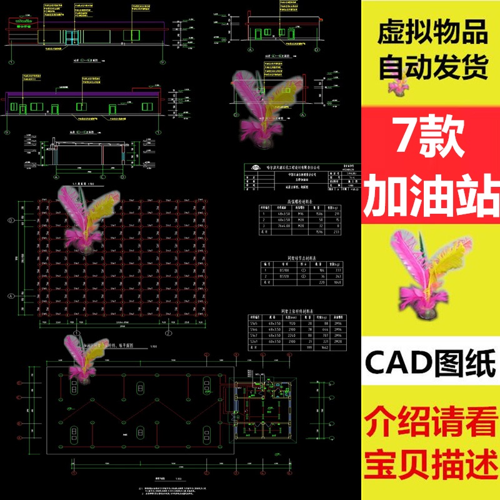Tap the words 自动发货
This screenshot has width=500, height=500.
click(x=431, y=67)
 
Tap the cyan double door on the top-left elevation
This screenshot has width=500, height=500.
click(x=72, y=37)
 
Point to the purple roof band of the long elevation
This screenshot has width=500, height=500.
click(x=81, y=93)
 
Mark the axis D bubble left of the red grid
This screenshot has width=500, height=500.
click(x=11, y=221)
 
